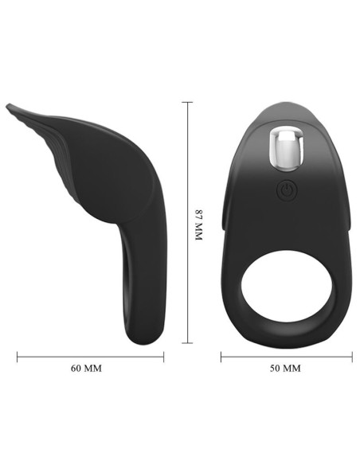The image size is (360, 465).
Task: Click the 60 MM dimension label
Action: pyautogui.click(x=89, y=369)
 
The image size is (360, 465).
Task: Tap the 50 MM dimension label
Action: pyautogui.click(x=286, y=369)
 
